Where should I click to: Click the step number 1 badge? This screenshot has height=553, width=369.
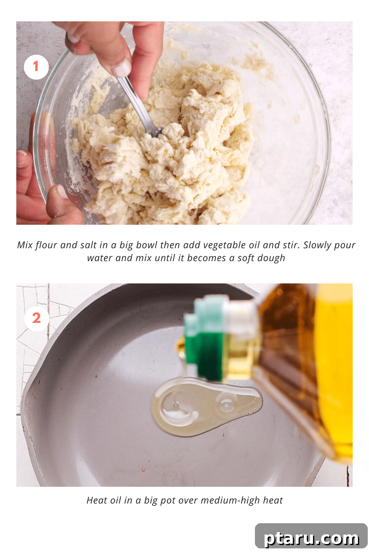click(x=36, y=67)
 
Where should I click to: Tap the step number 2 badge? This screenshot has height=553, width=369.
click(x=37, y=318)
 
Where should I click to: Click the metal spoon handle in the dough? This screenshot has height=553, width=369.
click(x=135, y=101)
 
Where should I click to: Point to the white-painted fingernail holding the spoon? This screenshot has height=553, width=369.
click(x=121, y=68)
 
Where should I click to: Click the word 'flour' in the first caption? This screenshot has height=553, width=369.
click(x=46, y=245)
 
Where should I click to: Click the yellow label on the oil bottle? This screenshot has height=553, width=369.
click(x=335, y=369)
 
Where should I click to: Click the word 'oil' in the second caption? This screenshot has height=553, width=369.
click(x=115, y=500)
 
